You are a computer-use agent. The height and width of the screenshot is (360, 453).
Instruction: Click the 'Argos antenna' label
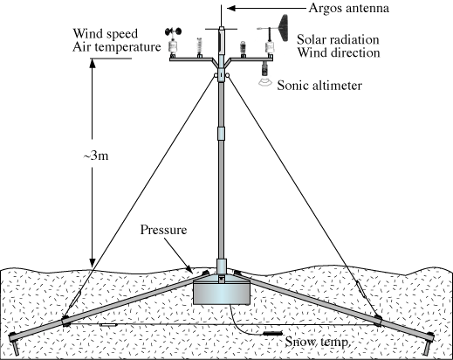coord(348,8)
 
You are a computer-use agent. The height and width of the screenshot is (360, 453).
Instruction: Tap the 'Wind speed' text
coord(105,34)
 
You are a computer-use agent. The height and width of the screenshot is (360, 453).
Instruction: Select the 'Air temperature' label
coord(116,47)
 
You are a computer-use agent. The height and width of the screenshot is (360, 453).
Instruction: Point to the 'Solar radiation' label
coord(338,39)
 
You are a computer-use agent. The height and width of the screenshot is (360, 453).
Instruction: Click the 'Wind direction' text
coord(339,52)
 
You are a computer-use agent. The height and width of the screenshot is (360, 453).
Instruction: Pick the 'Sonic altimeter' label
coord(319,86)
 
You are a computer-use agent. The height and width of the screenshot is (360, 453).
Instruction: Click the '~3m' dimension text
coord(96,156)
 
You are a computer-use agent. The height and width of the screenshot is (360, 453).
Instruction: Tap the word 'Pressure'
coord(163,230)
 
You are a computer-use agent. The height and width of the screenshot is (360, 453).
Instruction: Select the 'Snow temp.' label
coord(317,342)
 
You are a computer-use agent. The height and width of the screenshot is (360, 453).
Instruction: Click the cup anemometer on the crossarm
coord(173,31)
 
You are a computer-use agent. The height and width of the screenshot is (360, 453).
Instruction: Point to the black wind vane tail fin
coord(284,28)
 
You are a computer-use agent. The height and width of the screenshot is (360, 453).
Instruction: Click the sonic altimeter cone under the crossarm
coord(265,82)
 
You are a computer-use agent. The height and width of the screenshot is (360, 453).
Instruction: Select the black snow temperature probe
coord(273,333)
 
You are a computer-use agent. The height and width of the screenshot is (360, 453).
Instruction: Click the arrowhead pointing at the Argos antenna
coord(231,8)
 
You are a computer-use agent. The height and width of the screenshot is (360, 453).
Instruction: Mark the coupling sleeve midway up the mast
coord(221,134)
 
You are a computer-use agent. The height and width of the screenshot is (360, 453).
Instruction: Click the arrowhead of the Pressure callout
coord(189,269)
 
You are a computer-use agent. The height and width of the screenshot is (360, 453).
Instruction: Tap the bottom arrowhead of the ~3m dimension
coord(93,262)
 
